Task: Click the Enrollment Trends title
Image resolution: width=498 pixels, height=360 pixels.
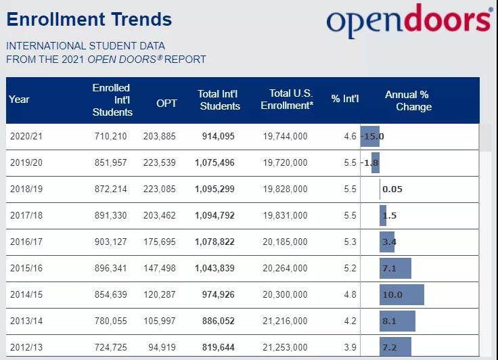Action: (x=89, y=19)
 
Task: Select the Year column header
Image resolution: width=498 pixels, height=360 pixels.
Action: (x=20, y=99)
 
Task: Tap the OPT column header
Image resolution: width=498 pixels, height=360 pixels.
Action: (x=166, y=104)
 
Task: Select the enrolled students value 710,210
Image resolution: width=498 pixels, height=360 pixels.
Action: (x=111, y=136)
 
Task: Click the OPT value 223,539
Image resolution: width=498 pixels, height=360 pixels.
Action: (x=159, y=162)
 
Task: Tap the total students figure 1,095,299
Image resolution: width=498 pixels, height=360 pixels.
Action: (x=214, y=189)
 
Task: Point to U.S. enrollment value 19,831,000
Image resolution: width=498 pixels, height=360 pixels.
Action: (x=285, y=215)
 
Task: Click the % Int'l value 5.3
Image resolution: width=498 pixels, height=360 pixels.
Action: (x=350, y=242)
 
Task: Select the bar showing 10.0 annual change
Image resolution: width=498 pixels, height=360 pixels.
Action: (x=402, y=294)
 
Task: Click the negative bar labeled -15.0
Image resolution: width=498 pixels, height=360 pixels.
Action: (x=371, y=136)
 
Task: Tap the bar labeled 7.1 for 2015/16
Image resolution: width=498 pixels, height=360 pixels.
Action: (x=396, y=268)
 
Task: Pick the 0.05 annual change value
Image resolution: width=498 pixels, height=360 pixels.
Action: (x=392, y=189)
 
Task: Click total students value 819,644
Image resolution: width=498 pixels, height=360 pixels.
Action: (x=218, y=347)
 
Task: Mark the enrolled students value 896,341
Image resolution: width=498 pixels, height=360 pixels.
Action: (x=111, y=268)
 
